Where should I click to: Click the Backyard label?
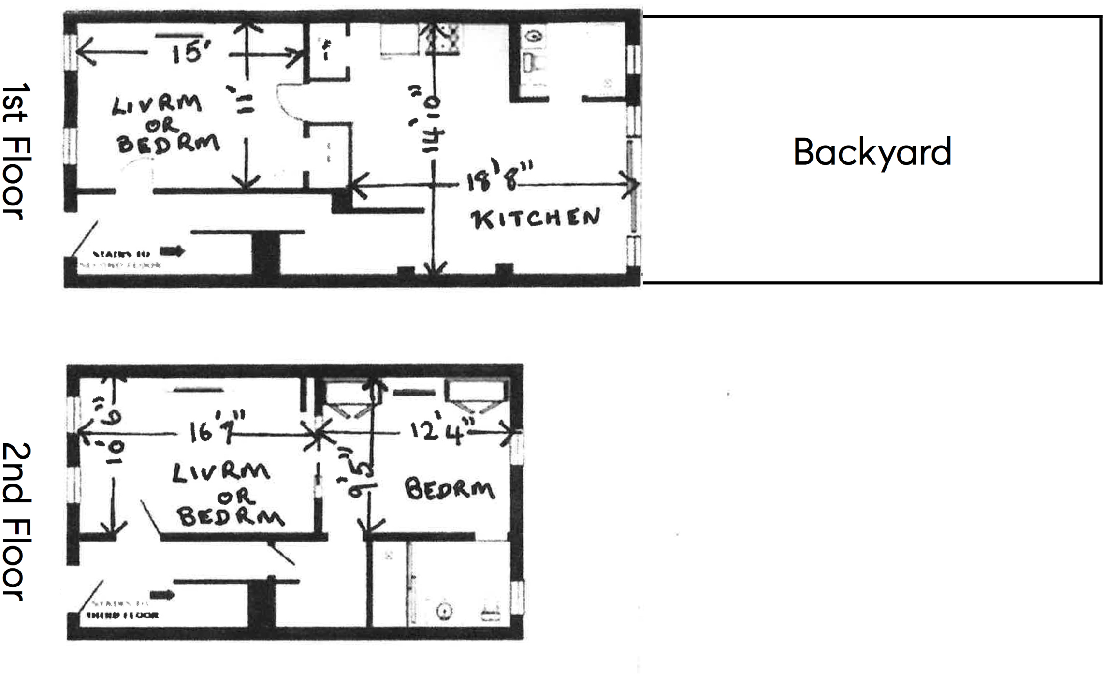872,152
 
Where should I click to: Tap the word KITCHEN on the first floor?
535,219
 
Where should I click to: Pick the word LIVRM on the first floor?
157,104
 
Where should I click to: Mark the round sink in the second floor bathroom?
444,612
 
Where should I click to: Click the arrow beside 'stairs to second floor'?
173,251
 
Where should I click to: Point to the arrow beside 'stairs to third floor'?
162,595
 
